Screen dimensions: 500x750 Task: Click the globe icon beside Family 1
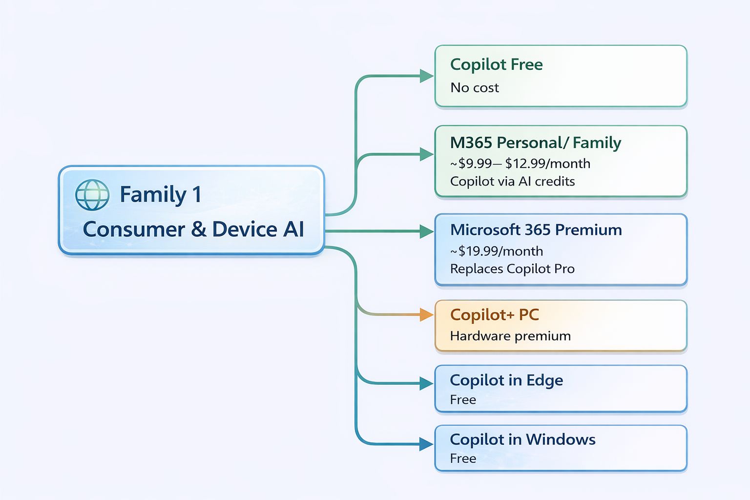tap(92, 195)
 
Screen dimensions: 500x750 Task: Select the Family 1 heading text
tap(160, 195)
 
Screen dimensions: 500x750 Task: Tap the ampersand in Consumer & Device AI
tap(199, 229)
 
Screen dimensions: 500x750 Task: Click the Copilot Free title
tap(496, 64)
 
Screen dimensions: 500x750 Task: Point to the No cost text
tap(474, 88)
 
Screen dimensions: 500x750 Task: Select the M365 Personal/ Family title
tap(535, 143)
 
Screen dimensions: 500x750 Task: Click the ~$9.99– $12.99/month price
tap(520, 164)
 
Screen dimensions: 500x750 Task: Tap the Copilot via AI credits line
tap(512, 182)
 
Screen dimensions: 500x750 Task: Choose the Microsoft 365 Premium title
tap(536, 230)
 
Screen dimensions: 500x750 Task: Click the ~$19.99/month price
tap(496, 251)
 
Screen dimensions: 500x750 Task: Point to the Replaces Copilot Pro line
tap(512, 269)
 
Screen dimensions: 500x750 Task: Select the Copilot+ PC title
tap(494, 315)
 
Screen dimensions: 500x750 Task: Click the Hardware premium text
tap(510, 336)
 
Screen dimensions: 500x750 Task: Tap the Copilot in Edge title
tap(506, 380)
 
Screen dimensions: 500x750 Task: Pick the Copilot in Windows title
tap(522, 439)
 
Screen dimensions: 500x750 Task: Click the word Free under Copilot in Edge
tap(463, 400)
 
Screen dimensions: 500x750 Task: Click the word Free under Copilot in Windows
tap(463, 458)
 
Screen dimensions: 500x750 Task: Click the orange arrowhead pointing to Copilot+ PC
tap(426, 315)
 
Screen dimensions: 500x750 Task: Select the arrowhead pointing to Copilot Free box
tap(426, 76)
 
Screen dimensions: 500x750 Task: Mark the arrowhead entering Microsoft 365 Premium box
tap(426, 231)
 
